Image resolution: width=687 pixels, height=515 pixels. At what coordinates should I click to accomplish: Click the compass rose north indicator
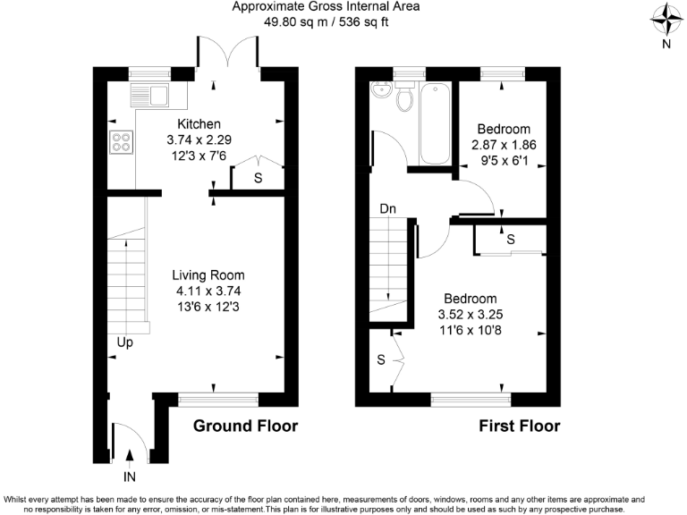pos(664,17)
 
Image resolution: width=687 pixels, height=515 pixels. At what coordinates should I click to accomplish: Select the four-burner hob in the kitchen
pos(120,141)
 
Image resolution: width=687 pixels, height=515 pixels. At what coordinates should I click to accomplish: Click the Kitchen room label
pos(199,123)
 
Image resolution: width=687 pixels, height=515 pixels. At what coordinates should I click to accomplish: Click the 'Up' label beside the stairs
pos(125,342)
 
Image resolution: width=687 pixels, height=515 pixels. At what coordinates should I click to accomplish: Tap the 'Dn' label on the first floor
pos(387,208)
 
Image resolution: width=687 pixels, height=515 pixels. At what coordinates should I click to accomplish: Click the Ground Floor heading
pos(245,426)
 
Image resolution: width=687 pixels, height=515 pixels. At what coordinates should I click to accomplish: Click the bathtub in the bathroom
pos(435,122)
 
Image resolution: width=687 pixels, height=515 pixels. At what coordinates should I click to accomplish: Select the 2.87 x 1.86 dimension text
pos(503,144)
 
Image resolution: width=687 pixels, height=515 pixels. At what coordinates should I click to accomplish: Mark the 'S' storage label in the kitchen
pos(258,179)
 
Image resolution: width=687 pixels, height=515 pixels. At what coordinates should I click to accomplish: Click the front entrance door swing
pos(131,440)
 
